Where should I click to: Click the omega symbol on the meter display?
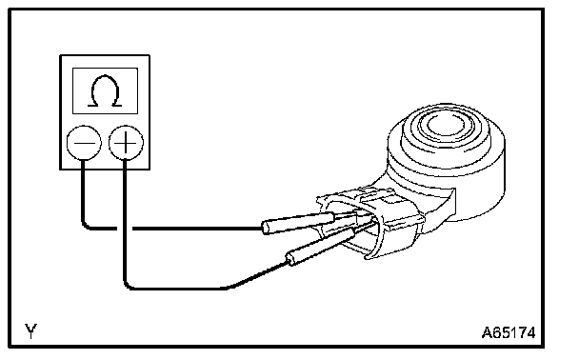click(x=105, y=90)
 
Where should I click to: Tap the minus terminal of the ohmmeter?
click(x=84, y=143)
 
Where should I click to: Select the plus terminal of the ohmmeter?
click(x=126, y=143)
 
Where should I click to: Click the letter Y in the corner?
click(x=31, y=331)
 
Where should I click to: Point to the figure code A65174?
click(x=509, y=332)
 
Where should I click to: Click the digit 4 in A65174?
click(x=530, y=332)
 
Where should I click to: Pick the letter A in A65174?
click(x=487, y=332)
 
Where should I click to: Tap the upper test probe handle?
click(x=298, y=223)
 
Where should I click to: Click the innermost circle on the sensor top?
click(x=446, y=125)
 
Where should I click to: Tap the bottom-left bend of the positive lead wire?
click(x=128, y=285)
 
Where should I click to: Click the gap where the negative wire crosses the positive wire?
click(x=125, y=229)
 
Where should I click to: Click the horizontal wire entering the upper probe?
click(x=197, y=229)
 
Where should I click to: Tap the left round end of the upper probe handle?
click(x=266, y=227)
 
